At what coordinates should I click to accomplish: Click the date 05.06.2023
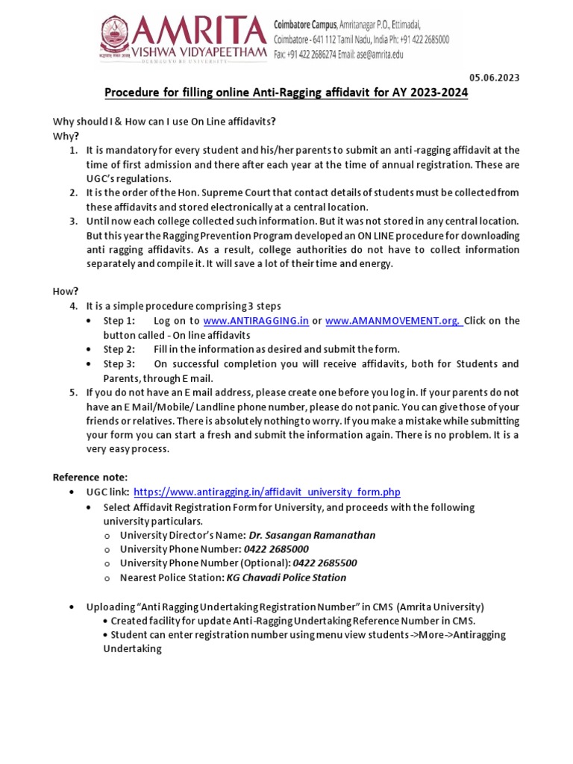click(494, 78)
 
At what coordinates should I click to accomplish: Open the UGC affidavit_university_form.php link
click(266, 492)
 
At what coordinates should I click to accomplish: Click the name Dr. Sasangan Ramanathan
click(301, 535)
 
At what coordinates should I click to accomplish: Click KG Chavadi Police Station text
click(286, 577)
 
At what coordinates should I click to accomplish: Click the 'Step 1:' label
click(119, 321)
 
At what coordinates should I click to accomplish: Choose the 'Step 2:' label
click(119, 349)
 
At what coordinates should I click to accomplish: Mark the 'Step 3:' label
click(119, 364)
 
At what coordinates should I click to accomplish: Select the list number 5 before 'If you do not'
click(73, 392)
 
